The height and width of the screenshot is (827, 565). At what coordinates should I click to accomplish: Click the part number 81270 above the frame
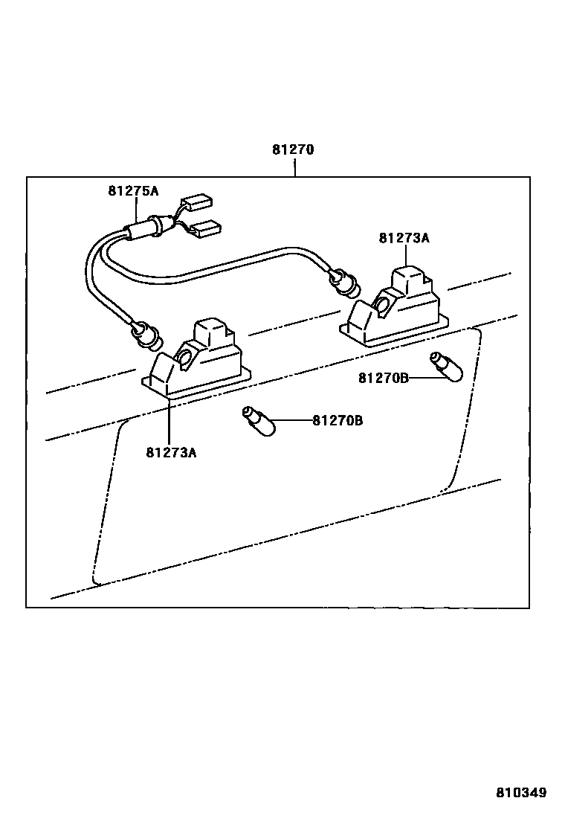(x=293, y=149)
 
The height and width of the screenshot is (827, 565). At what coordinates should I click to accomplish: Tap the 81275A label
(x=133, y=191)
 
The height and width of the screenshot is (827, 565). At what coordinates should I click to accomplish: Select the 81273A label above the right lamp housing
(x=404, y=239)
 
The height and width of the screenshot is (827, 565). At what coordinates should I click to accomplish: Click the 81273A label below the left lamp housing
(x=171, y=451)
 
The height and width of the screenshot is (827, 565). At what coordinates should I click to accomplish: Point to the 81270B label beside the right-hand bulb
(x=384, y=378)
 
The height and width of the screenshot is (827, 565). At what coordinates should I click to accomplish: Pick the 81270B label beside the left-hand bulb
(x=338, y=421)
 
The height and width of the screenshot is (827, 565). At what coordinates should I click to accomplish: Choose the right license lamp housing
(x=395, y=309)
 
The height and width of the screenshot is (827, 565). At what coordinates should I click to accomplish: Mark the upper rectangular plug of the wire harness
(x=198, y=202)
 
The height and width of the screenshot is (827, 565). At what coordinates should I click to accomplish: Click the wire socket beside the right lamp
(x=346, y=282)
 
